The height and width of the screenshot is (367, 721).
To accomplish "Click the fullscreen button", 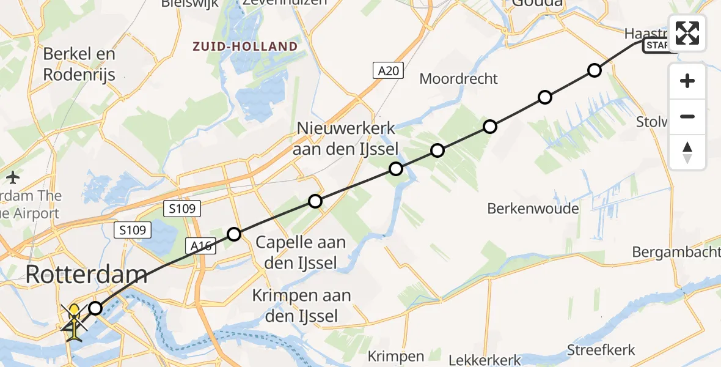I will [x=687, y=33].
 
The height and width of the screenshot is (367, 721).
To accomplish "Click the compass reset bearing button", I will [x=687, y=152].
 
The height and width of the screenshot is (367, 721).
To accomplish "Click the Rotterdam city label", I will [x=86, y=275].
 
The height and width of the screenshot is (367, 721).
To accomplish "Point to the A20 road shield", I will [x=388, y=71].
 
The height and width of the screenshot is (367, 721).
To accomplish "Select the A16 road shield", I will [x=200, y=246].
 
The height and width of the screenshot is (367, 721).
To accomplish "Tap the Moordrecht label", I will [x=459, y=79].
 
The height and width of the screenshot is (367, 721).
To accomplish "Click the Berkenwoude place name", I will [x=533, y=209].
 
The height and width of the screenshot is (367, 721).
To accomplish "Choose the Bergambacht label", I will [x=676, y=252].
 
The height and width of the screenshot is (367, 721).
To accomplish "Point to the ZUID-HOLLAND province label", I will [x=245, y=46].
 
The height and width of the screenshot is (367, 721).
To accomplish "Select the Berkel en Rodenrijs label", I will [x=79, y=64].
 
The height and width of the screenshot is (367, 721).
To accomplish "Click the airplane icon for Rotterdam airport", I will [x=13, y=178].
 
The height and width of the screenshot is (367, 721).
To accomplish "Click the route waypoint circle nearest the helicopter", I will [x=95, y=308].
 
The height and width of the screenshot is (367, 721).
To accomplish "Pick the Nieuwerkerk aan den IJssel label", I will [x=347, y=138].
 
